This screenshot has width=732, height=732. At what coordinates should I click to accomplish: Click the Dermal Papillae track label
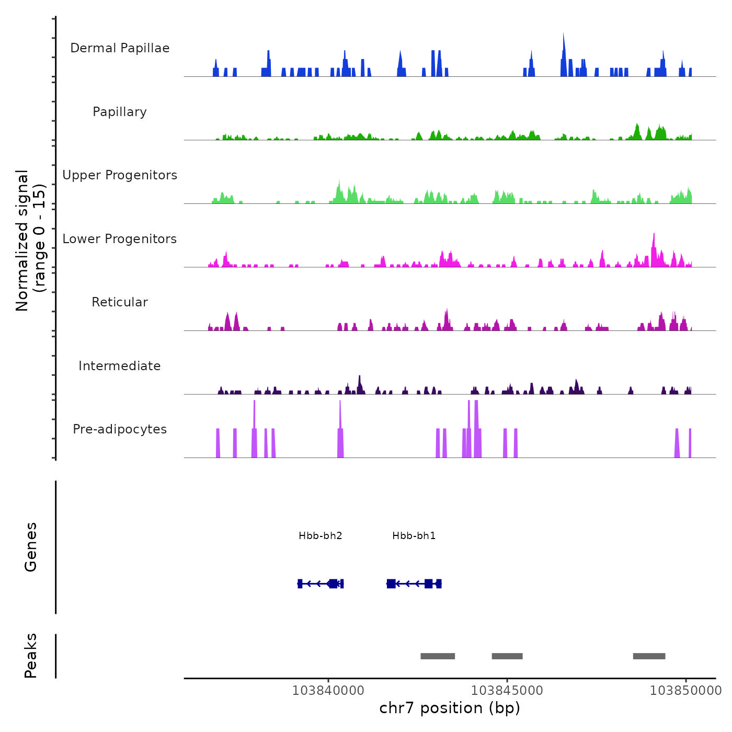pos(120,48)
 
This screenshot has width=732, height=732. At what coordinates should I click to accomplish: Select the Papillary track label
pos(120,112)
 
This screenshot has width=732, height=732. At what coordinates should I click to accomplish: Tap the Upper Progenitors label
pos(120,175)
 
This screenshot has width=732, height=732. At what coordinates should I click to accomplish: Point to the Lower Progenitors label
pos(120,239)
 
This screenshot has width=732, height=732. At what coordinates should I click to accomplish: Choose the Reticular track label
pos(120,302)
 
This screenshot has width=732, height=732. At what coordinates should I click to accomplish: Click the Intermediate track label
pos(120,366)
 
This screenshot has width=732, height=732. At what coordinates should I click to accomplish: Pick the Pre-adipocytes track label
pos(120,429)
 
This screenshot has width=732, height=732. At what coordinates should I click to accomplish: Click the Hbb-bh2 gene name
pos(321,536)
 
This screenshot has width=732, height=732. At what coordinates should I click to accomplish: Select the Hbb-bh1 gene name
pos(414,536)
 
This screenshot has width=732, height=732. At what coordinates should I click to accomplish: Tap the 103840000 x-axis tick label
pos(328,691)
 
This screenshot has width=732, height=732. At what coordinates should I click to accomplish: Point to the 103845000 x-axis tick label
pos(507,691)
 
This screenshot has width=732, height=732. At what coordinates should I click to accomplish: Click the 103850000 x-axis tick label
pos(685,691)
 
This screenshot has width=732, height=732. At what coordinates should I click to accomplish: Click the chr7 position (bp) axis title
pos(450,708)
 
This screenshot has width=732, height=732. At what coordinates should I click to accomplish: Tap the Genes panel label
pos(31,547)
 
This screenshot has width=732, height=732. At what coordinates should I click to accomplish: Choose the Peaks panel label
pos(31,656)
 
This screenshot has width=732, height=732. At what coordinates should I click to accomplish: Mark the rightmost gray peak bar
pos(649,656)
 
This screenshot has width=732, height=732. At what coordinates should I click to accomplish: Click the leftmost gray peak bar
pos(438,656)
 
